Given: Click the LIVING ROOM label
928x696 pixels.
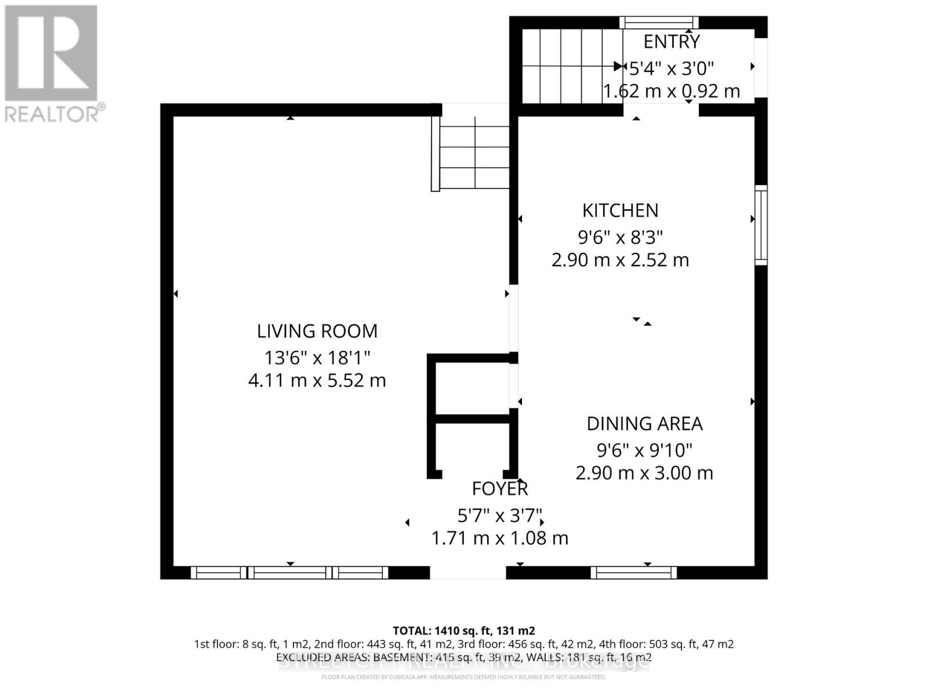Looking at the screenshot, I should point(317,331).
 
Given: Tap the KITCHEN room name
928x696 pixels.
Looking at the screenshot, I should point(620,210).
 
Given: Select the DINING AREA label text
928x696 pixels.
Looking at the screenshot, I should point(644,424).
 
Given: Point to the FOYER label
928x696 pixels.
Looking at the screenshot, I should point(499,489).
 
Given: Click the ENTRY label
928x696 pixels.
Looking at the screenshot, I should point(672,42).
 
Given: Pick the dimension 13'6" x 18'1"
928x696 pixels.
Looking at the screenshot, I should point(317,357).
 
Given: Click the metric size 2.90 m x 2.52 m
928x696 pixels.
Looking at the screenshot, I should point(620,260).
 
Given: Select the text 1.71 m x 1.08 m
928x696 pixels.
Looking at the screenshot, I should point(499,538).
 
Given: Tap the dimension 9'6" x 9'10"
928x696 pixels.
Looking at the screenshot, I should point(644,449).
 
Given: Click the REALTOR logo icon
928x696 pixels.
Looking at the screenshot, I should point(51,53).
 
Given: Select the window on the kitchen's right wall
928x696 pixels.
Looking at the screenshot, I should point(760,225).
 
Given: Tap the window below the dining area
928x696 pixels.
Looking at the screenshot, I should point(633,573).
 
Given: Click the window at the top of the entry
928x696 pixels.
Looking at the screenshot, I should point(659,23).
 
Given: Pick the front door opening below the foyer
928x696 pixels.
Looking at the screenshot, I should point(467,573).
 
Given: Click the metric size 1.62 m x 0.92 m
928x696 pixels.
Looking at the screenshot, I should point(672,92).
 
